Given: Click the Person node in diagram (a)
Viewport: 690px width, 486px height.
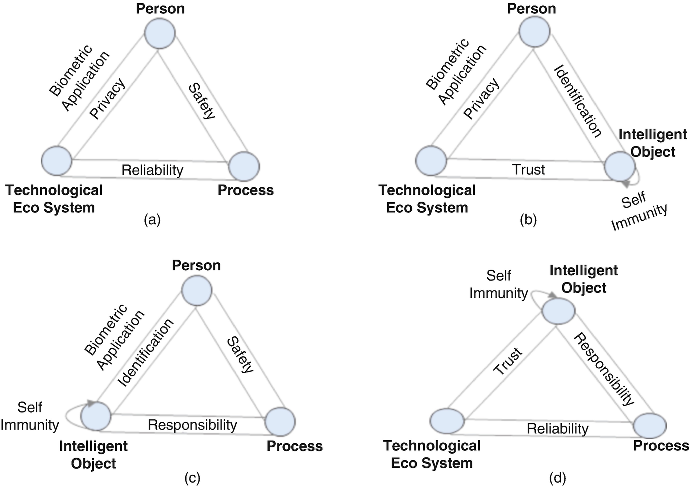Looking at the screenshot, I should pyautogui.click(x=160, y=32).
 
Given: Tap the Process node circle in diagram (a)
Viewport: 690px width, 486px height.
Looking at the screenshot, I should pyautogui.click(x=244, y=166).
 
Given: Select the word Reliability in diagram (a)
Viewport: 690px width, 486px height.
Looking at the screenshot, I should pyautogui.click(x=152, y=170).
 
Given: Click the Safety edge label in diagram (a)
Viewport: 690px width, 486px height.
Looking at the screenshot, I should pyautogui.click(x=202, y=101).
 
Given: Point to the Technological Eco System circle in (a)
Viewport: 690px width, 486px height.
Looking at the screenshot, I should pyautogui.click(x=57, y=161).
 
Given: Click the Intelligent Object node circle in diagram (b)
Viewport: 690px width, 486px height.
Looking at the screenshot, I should pyautogui.click(x=619, y=166).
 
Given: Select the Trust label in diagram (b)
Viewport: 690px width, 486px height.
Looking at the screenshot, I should pyautogui.click(x=528, y=170).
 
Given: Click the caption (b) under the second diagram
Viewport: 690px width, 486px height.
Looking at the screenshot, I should pyautogui.click(x=528, y=220).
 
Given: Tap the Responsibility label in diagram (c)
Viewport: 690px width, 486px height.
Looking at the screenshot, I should pyautogui.click(x=192, y=425).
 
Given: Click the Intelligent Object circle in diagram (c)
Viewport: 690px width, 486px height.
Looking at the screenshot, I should pyautogui.click(x=96, y=416).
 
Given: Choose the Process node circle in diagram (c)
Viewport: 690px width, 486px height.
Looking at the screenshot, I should pyautogui.click(x=280, y=421).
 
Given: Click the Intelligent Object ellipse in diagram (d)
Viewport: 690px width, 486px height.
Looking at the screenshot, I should pyautogui.click(x=559, y=310).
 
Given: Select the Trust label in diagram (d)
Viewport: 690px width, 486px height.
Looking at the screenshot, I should pyautogui.click(x=508, y=361).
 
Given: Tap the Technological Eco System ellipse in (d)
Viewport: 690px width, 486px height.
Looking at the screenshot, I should pyautogui.click(x=447, y=420).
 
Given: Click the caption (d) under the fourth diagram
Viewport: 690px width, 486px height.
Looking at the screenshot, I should pyautogui.click(x=557, y=478).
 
